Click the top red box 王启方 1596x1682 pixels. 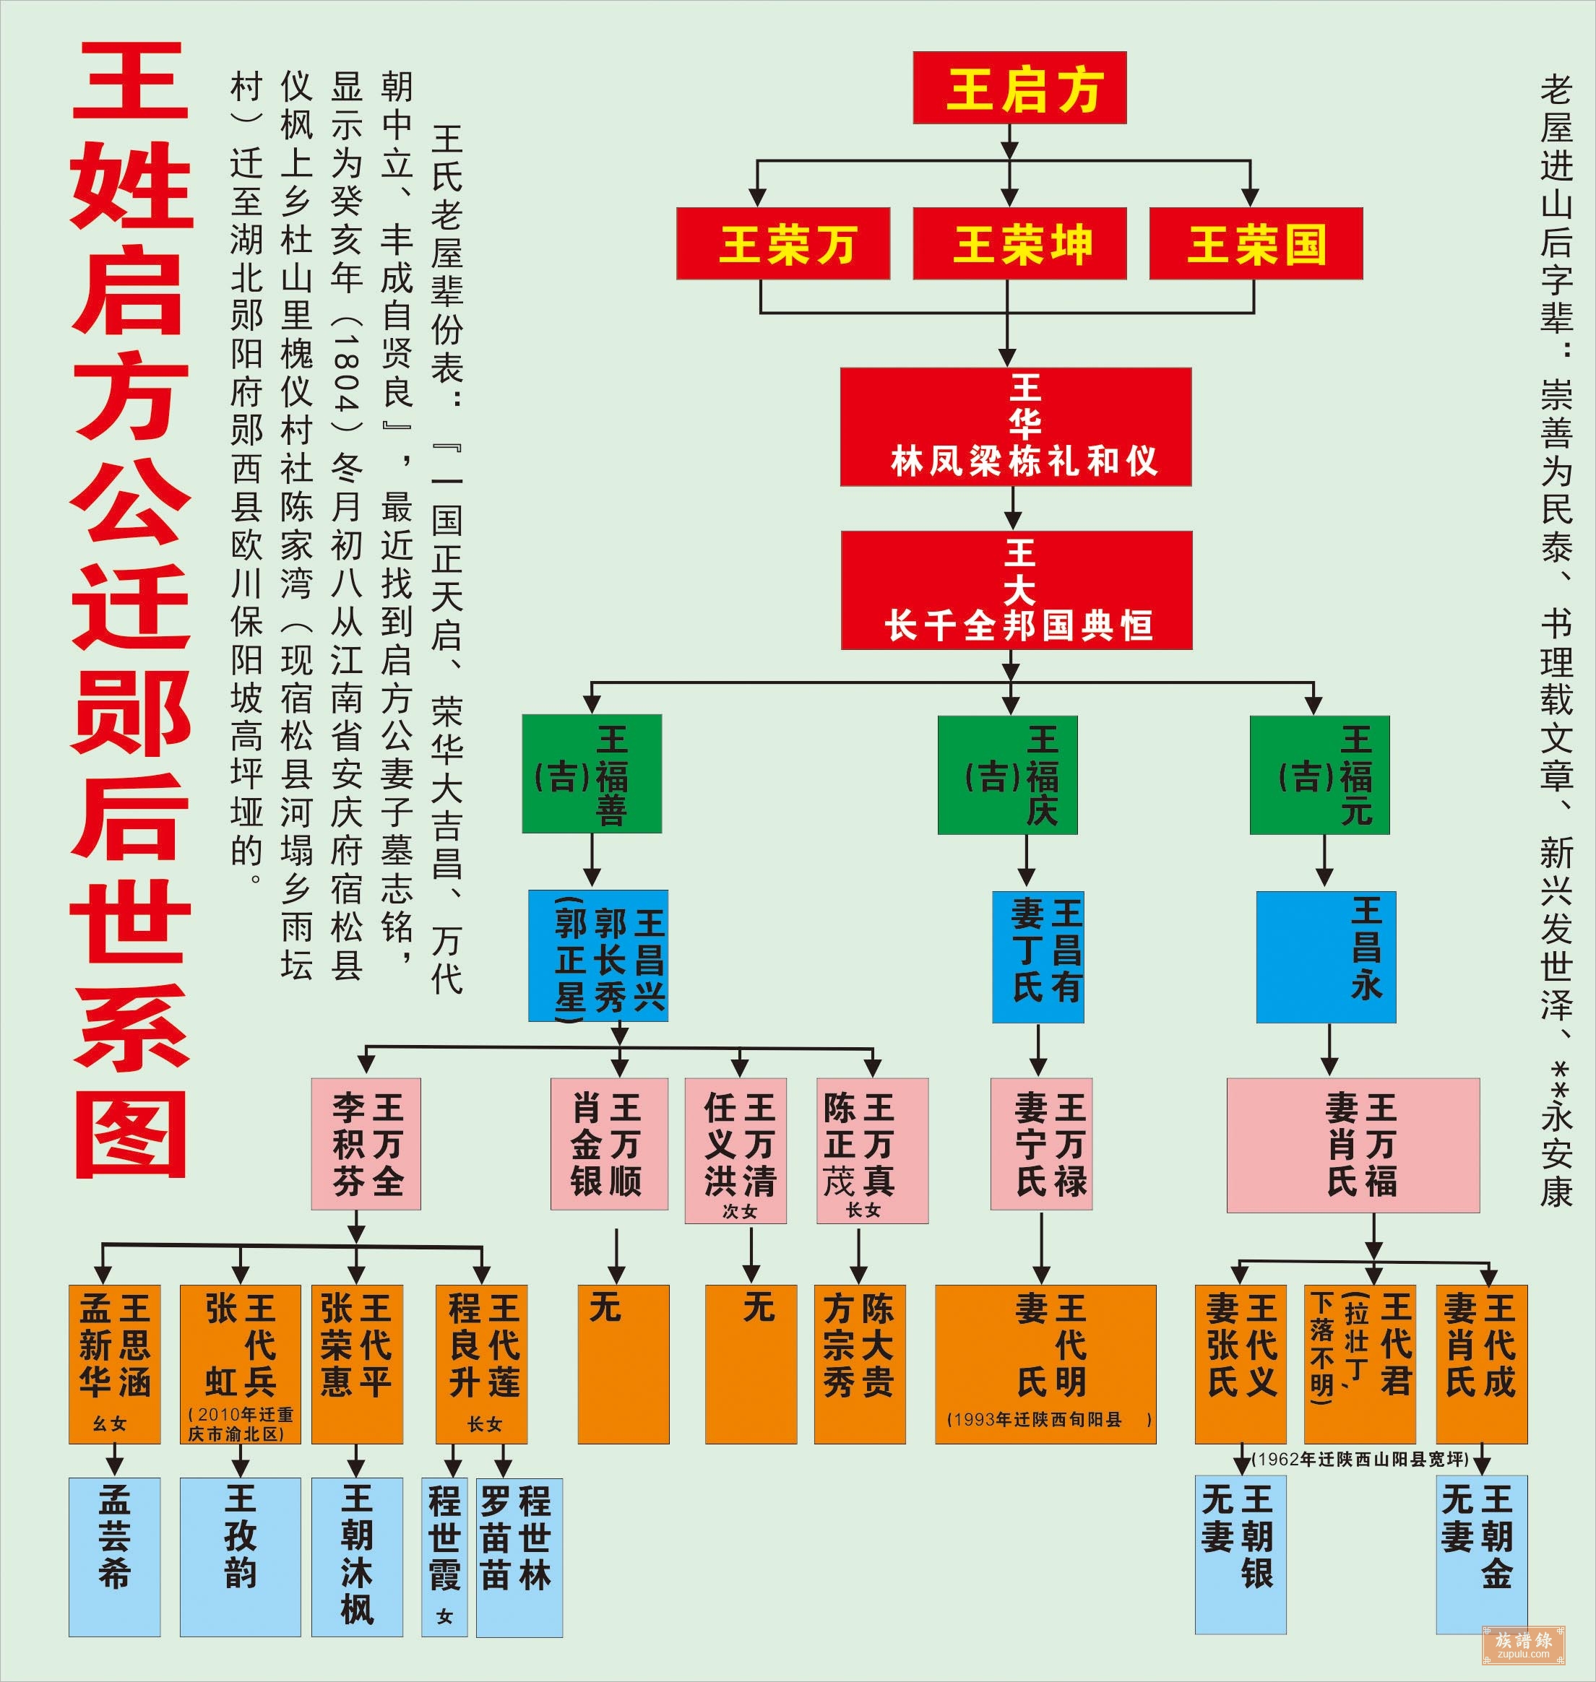point(1019,87)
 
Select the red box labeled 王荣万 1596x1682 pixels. point(782,243)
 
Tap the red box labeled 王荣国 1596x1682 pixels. point(1256,243)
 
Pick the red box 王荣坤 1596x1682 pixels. point(1019,243)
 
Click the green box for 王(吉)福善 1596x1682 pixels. point(591,773)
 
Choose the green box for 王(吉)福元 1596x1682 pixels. point(1319,773)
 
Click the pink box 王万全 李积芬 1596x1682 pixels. point(366,1144)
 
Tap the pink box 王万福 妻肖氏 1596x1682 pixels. point(1353,1145)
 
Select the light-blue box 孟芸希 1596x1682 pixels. point(114,1556)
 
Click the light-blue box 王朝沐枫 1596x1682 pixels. point(356,1556)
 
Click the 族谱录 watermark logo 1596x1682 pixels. point(1523,1644)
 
